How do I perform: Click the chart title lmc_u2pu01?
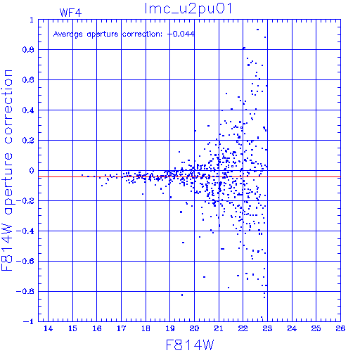188,8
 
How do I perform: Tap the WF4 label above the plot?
70,13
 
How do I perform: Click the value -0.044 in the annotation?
181,34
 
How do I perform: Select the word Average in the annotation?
68,34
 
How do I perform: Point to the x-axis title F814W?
190,345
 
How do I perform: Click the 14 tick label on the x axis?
49,328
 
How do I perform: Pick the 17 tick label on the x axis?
122,328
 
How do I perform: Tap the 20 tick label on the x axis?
194,328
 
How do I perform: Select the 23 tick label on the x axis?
267,328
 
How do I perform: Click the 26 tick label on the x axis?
340,328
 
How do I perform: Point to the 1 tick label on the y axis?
32,20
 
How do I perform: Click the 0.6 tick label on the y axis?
28,80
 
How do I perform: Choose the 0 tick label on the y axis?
32,171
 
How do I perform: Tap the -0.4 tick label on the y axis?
25,231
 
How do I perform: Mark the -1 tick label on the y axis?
29,321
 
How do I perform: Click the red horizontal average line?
189,177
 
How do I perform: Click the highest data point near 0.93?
257,30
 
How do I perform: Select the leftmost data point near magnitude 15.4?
82,175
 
